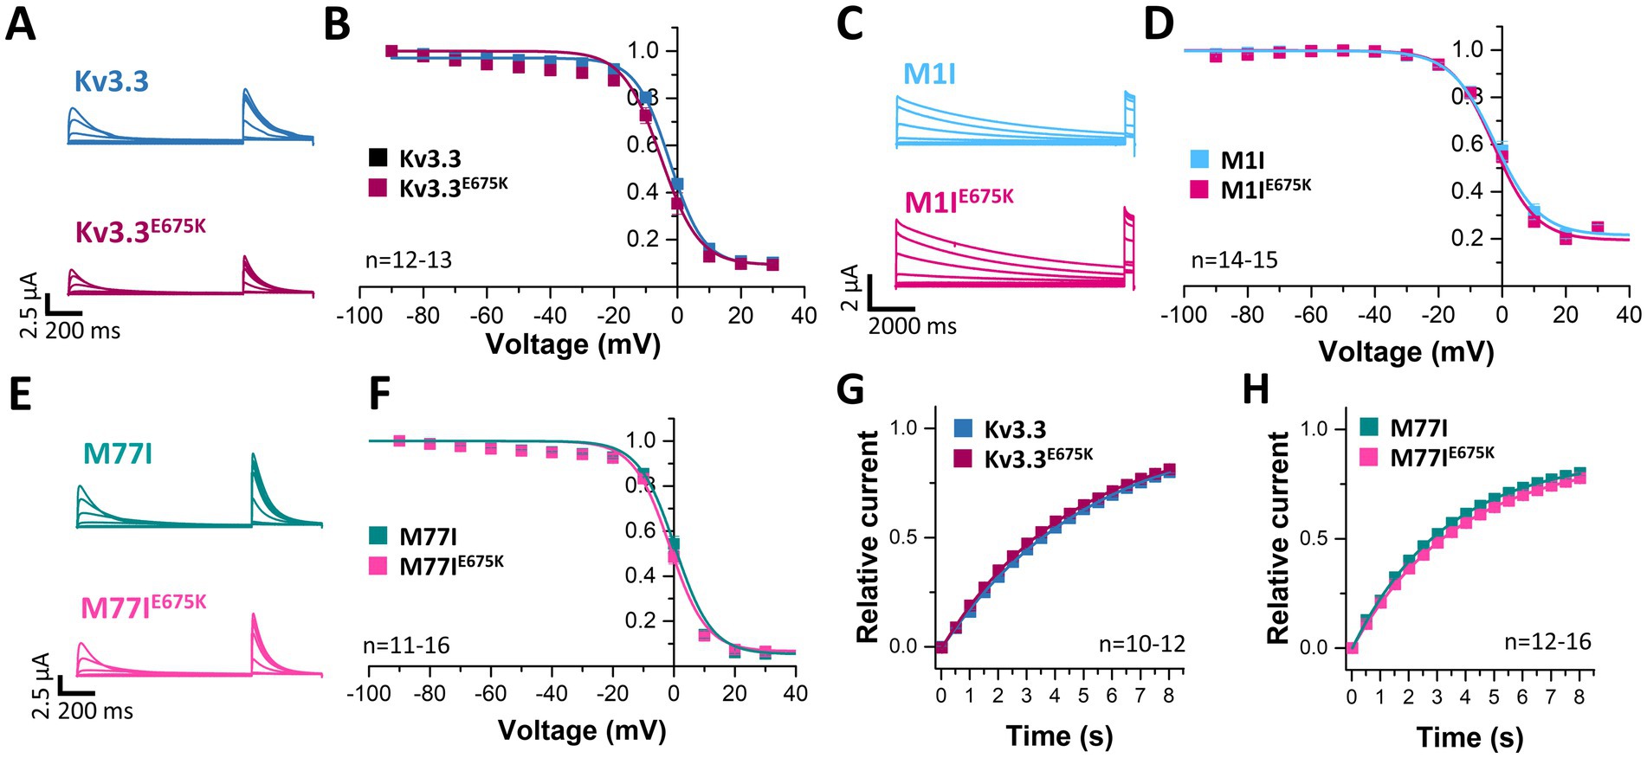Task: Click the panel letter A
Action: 21,24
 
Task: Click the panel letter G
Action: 850,390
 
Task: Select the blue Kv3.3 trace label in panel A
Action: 112,81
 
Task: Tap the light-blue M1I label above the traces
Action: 929,74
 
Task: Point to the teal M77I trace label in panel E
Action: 118,453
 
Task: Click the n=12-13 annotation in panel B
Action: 408,260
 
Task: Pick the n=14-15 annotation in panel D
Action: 1234,260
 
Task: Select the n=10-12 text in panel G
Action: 1141,644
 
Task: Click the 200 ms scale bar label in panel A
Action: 83,331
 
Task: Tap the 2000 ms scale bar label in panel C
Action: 913,326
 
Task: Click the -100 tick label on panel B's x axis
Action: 358,315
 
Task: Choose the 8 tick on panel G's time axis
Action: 1170,696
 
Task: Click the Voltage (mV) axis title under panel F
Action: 582,730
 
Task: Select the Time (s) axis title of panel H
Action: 1469,737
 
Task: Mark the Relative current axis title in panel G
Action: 868,536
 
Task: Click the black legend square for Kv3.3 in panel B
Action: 378,157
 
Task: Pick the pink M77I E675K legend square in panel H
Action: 1369,456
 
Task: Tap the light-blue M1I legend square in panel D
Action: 1199,159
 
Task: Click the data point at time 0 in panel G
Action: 941,646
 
